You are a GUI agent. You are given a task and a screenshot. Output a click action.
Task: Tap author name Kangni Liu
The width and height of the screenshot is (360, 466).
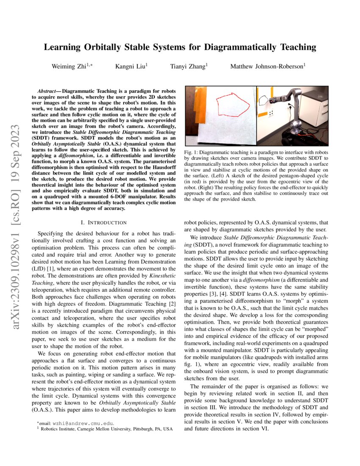(x=130, y=67)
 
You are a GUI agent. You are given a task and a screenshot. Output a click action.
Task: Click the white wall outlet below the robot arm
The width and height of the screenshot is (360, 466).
(x=271, y=114)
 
